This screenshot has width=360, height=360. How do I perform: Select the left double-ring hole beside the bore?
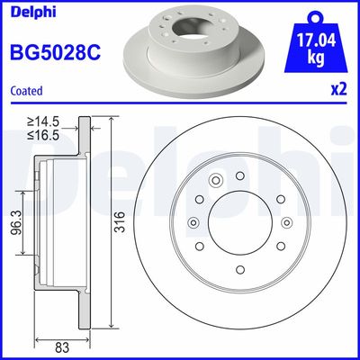pyautogui.click(x=194, y=223)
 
